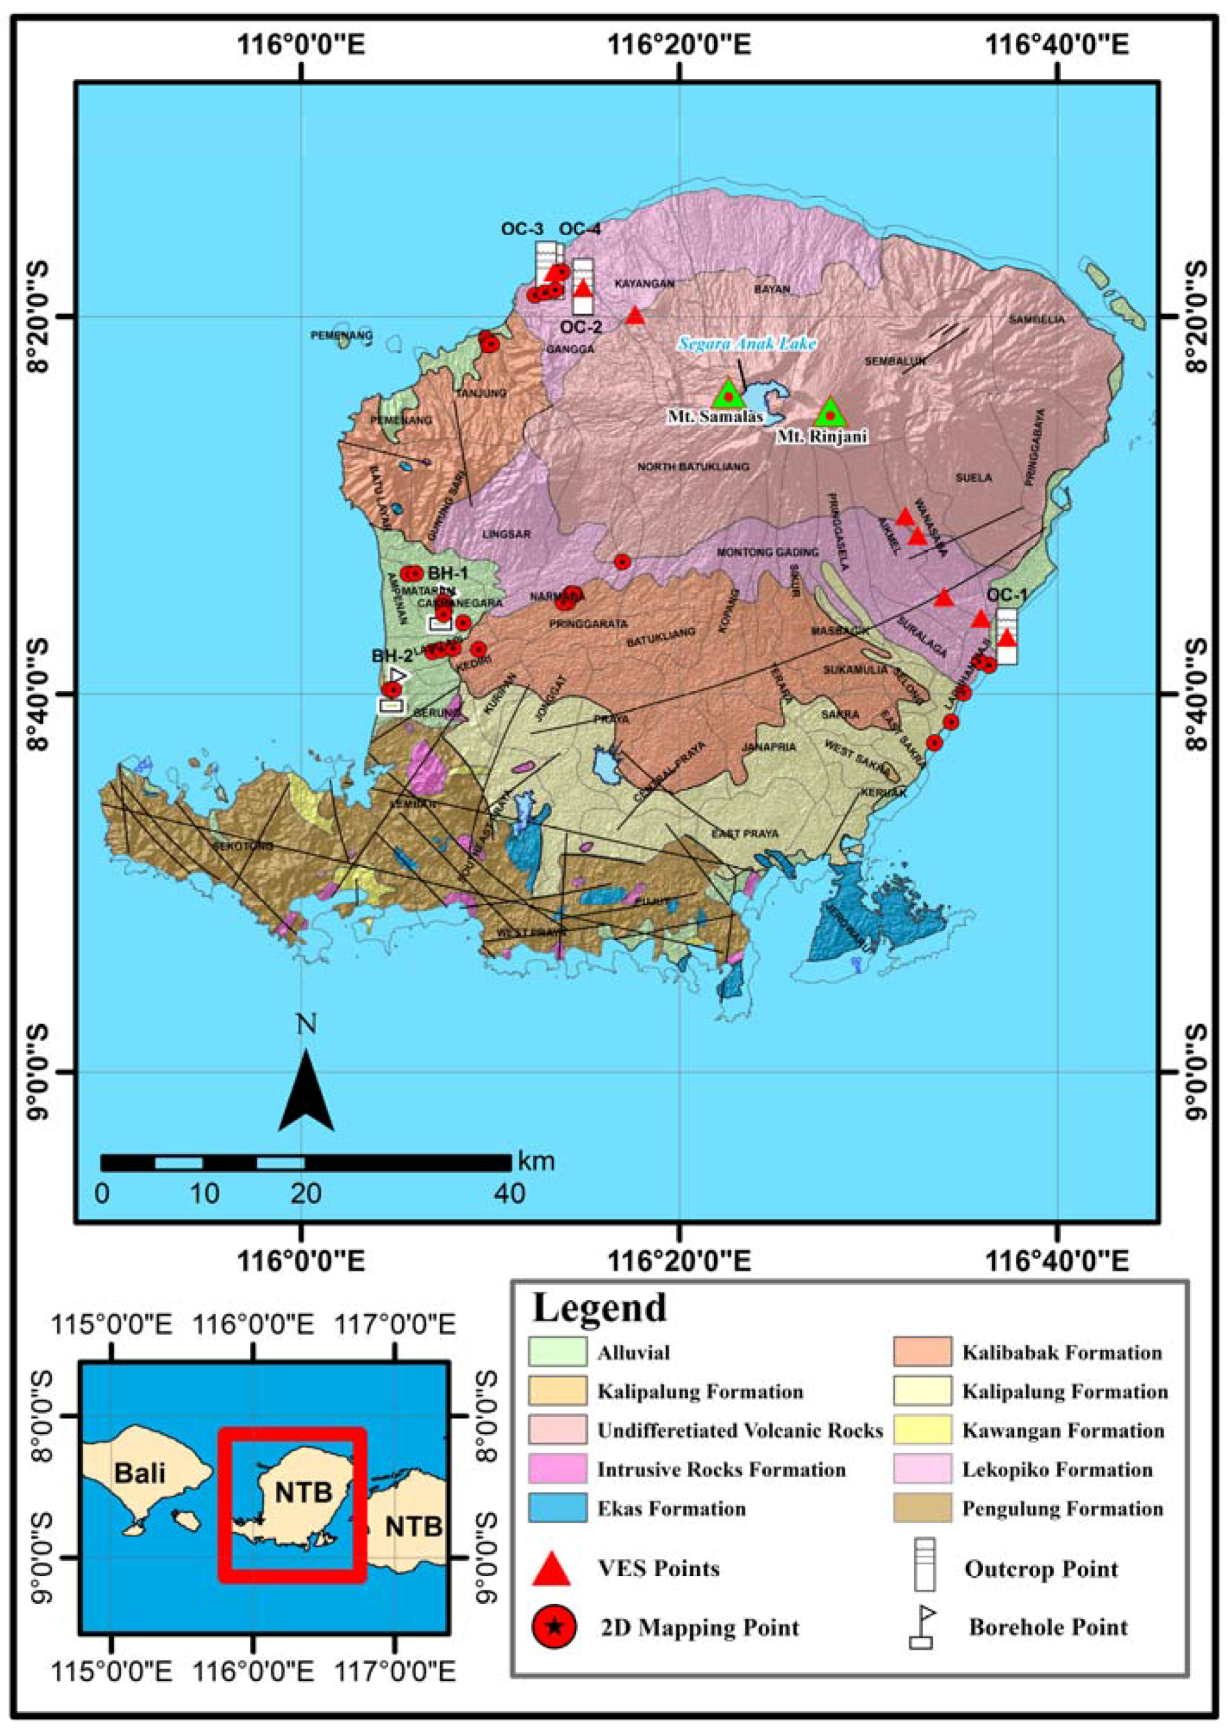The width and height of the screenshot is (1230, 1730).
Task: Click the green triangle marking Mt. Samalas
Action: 728,394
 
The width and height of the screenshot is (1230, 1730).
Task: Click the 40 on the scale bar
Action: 508,1195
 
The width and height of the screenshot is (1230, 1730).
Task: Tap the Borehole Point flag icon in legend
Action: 922,1627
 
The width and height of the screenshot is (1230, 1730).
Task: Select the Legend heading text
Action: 600,1308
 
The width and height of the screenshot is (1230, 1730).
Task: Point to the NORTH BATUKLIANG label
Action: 693,467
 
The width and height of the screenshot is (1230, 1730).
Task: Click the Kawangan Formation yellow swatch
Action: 922,1430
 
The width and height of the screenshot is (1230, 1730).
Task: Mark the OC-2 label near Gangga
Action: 582,327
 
